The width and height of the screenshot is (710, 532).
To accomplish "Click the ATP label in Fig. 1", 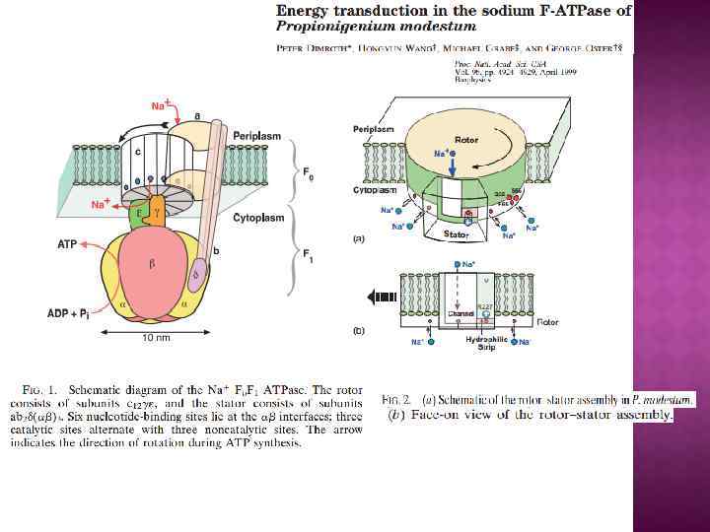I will [68, 242].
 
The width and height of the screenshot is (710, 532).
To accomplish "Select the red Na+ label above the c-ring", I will [159, 105].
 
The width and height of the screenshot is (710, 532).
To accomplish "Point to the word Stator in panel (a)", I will [456, 235].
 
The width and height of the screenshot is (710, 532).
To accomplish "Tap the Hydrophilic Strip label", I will [484, 341].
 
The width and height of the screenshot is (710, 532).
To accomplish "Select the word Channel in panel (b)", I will [461, 314].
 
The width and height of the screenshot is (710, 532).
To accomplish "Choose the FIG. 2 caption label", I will [395, 399].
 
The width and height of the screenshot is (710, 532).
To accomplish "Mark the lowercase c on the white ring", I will [138, 152].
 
